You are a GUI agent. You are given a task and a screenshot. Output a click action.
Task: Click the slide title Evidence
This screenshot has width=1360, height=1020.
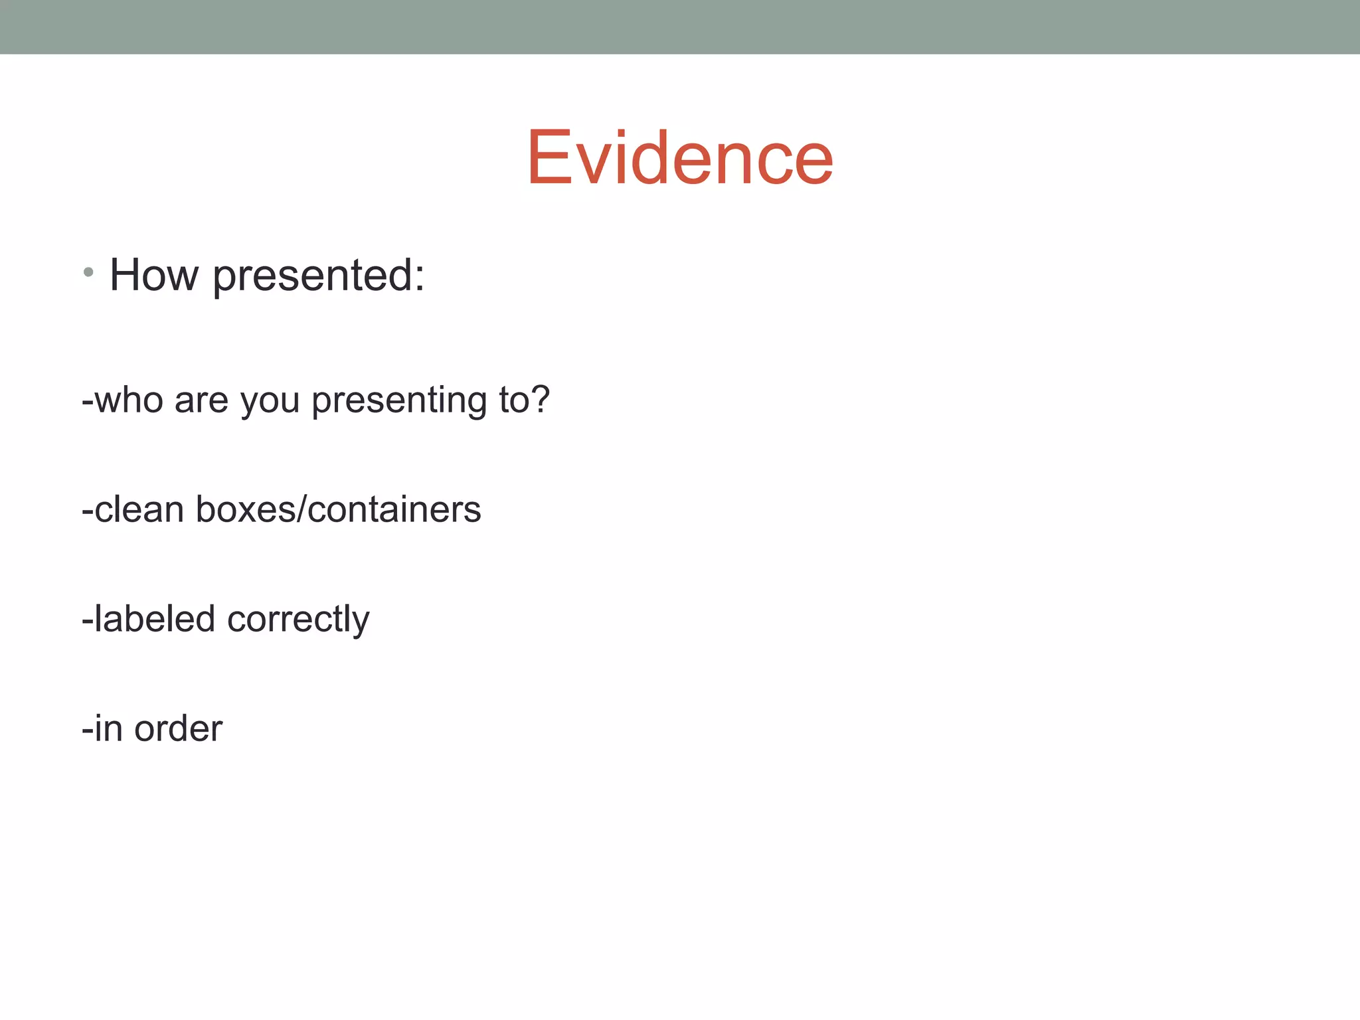(679, 158)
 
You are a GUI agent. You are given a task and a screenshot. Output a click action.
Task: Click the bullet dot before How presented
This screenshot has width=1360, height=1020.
(88, 272)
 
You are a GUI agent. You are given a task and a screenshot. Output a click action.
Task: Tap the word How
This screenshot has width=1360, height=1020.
(154, 275)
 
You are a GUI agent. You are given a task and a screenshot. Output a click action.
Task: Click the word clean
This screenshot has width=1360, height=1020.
(139, 509)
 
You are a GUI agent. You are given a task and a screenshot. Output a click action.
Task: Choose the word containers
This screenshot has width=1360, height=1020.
(394, 509)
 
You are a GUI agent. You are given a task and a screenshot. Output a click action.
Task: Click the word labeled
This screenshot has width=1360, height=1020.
(155, 618)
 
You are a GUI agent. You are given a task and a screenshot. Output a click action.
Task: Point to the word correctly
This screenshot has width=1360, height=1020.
(298, 620)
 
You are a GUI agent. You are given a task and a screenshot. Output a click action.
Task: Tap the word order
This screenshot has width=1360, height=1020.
(178, 728)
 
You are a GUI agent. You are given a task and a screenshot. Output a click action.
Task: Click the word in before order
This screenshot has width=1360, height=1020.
(108, 728)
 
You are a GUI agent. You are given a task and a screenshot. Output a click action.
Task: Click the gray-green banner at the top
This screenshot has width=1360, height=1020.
(680, 27)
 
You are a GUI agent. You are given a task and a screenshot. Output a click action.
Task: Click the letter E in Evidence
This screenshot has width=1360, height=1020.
(549, 158)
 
